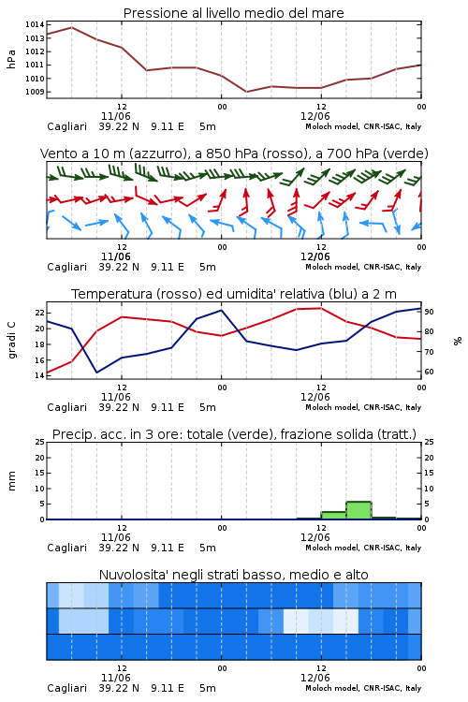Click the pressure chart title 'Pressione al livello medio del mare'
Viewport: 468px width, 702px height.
tap(233, 13)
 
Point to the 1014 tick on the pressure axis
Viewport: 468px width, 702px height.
tap(35, 24)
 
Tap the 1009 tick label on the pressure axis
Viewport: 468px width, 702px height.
tap(35, 92)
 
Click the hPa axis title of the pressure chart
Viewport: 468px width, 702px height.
tap(11, 59)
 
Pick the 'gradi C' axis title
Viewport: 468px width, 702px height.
tap(11, 341)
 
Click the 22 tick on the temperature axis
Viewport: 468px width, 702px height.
tap(40, 313)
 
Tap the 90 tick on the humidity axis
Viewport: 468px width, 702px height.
tap(429, 312)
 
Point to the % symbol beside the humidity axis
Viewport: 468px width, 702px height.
tap(458, 341)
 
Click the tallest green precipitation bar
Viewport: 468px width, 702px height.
tap(358, 510)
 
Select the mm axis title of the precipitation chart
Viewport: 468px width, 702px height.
tap(11, 480)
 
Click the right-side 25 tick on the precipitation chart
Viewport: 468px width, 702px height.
tap(429, 442)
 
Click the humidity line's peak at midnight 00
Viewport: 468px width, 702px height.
tap(221, 310)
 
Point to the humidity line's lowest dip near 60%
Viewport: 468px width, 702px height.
tap(96, 373)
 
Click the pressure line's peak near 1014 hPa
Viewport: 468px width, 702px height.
tap(72, 27)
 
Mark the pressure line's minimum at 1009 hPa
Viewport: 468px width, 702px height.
tap(246, 92)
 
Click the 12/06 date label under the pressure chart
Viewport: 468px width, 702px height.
tap(315, 116)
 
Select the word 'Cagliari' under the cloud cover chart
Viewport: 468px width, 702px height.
tap(66, 688)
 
